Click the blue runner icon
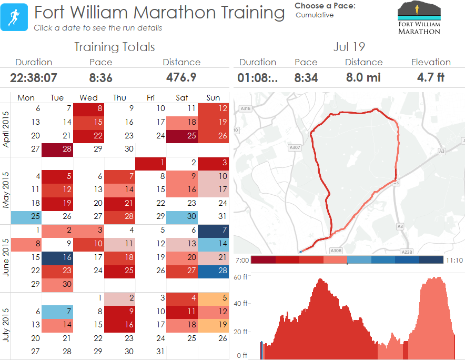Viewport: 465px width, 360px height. point(14,17)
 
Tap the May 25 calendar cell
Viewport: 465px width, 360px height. point(26,216)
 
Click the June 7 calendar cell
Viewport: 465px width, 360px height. point(213,230)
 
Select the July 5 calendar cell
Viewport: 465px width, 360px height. point(213,298)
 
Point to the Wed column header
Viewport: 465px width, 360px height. point(88,97)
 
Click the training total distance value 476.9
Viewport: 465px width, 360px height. point(181,77)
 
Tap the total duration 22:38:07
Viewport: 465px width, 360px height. point(34,78)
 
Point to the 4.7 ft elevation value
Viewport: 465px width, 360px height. point(430,77)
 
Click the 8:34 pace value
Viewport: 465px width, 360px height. point(306,78)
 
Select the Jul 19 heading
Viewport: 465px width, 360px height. point(349,47)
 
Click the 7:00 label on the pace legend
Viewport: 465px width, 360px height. point(242,260)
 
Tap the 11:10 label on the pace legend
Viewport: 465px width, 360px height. point(454,260)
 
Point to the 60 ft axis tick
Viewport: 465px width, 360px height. point(241,277)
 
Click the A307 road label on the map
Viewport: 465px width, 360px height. point(295,148)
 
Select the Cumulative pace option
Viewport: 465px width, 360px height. point(315,15)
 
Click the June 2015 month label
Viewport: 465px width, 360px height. point(5,257)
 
